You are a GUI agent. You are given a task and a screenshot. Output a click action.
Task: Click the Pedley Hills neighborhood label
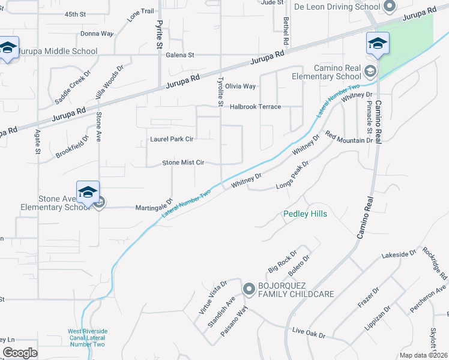pos(306,214)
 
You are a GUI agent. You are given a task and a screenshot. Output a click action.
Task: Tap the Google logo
pos(20,353)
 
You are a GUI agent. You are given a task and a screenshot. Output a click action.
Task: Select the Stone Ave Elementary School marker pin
pos(88,191)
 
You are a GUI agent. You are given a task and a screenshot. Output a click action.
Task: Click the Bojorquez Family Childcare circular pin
pos(249,289)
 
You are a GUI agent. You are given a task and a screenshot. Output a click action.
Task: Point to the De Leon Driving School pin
pos(390,7)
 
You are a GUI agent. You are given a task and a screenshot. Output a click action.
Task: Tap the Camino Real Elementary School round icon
pos(370,72)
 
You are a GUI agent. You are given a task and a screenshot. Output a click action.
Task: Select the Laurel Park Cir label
pos(172,140)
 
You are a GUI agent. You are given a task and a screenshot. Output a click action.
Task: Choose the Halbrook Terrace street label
pos(255,106)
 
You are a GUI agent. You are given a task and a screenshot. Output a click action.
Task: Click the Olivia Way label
pos(240,86)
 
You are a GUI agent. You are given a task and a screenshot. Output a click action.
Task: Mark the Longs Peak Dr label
pos(292,175)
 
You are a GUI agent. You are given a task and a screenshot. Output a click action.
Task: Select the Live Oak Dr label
pos(309,332)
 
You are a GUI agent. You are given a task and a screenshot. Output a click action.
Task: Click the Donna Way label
pos(97,34)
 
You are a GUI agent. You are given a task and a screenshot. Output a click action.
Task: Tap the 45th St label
pos(76,13)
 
